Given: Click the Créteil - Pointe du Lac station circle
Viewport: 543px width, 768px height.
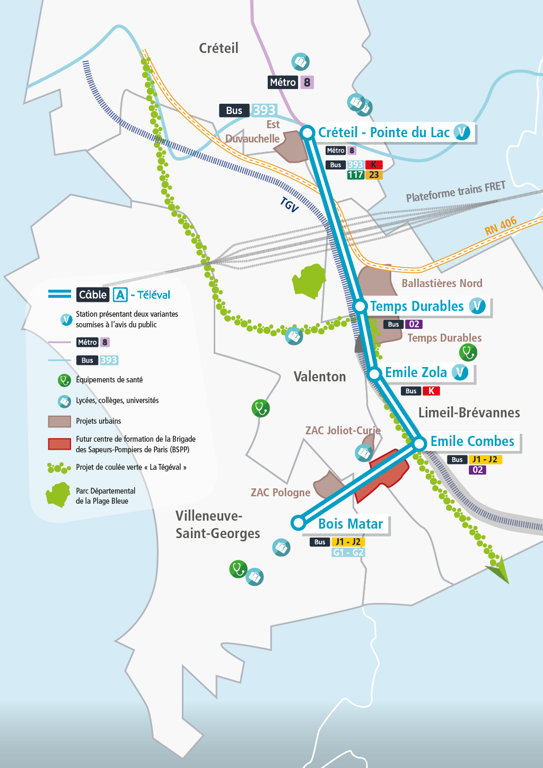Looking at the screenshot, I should (308, 132).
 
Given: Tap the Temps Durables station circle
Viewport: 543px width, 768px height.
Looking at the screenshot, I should (360, 306).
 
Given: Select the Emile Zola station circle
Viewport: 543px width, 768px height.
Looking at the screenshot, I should (374, 373).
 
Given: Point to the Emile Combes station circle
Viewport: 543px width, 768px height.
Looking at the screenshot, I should (419, 443).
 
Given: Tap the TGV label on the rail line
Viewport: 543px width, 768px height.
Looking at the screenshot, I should (290, 204).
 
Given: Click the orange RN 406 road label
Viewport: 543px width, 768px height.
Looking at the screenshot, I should (501, 226).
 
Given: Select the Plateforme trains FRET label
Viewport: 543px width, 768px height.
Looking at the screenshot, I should (456, 192).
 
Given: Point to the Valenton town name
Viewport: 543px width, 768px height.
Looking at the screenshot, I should (320, 377).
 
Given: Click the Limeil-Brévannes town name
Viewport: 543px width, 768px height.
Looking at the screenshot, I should (469, 413).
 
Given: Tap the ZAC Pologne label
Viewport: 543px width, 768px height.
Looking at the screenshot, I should (281, 493).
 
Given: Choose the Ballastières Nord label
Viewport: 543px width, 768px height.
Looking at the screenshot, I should (442, 283).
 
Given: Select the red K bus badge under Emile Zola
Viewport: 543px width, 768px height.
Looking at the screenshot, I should (431, 391).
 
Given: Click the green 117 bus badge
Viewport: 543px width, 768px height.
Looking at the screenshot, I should (355, 175).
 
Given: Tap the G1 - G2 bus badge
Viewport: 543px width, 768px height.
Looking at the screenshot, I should (348, 552).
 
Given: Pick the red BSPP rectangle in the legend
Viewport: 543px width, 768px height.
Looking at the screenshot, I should (59, 444).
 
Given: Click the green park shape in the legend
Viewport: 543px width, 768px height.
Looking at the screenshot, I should (58, 495).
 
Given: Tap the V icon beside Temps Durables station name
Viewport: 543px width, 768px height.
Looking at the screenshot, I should (477, 306).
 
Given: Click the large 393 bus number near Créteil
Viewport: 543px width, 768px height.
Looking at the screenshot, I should (264, 110).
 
